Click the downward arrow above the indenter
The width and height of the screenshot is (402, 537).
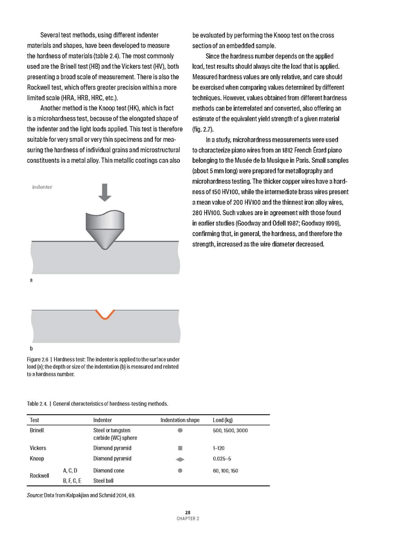pyautogui.click(x=105, y=192)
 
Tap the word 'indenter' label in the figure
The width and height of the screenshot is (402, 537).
pyautogui.click(x=42, y=187)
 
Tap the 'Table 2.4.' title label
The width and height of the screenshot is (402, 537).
pyautogui.click(x=39, y=403)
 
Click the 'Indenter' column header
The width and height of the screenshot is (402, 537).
pyautogui.click(x=102, y=420)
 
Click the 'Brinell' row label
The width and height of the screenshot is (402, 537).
pyautogui.click(x=38, y=431)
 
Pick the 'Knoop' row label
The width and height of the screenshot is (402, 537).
pyautogui.click(x=37, y=459)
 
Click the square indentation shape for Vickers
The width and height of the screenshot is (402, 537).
pyautogui.click(x=180, y=448)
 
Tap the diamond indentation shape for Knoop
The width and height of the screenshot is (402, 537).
pyautogui.click(x=180, y=459)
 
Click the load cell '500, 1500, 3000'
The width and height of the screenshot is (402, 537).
pyautogui.click(x=230, y=431)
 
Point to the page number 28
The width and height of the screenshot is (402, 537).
pyautogui.click(x=188, y=512)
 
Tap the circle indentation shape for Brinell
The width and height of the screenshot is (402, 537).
pyautogui.click(x=180, y=431)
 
